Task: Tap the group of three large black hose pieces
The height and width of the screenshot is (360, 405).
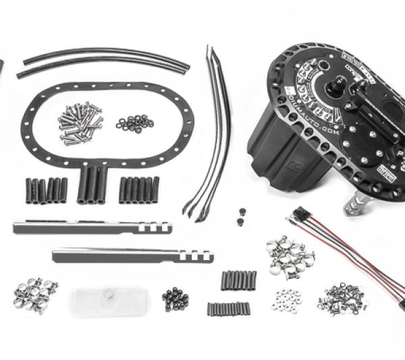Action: point(92,184)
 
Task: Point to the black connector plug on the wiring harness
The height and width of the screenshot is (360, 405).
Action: point(297,217)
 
